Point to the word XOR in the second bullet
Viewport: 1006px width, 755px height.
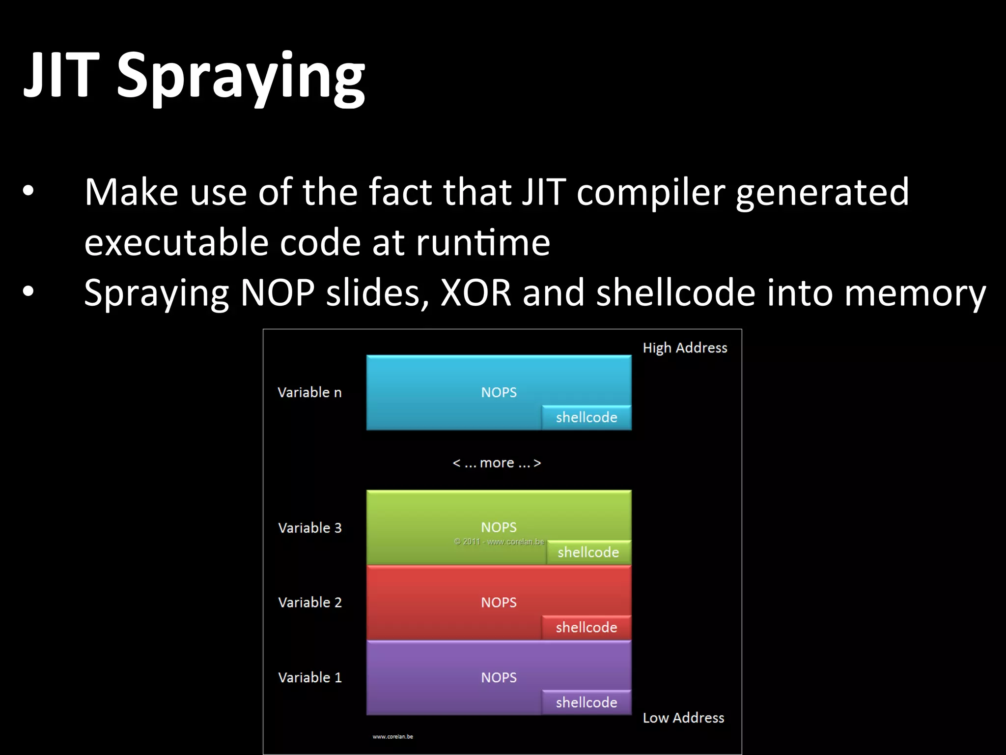pos(476,293)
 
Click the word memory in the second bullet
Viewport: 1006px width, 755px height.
pos(919,293)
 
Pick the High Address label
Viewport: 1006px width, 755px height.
pos(685,348)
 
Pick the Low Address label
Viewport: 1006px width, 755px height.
pos(683,718)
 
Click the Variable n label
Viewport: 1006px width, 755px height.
pos(309,392)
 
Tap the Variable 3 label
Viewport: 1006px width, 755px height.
pos(309,528)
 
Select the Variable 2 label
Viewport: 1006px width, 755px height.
pos(309,603)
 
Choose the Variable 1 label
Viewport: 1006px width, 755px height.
pos(309,677)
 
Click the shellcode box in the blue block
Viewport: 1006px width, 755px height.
pos(587,418)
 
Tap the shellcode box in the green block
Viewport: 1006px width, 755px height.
pos(588,552)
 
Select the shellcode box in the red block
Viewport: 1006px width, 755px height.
pos(587,628)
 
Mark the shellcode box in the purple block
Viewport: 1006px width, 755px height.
pos(587,703)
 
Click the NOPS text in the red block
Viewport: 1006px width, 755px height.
pos(499,603)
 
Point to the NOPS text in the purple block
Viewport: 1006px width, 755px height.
pos(499,677)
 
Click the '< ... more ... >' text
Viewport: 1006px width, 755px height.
pos(497,463)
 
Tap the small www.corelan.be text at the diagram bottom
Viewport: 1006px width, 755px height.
pos(392,736)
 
